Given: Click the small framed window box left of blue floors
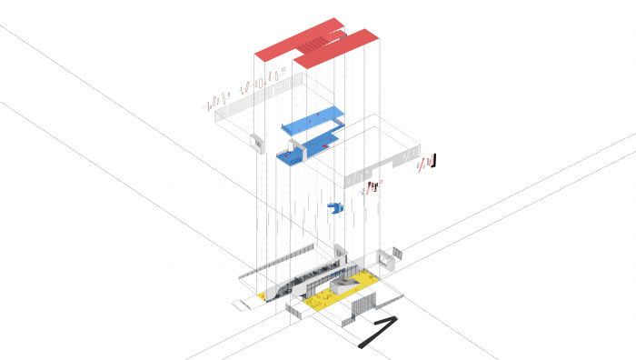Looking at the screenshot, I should tap(255, 141).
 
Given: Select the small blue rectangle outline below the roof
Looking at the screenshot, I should tap(284, 68).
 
